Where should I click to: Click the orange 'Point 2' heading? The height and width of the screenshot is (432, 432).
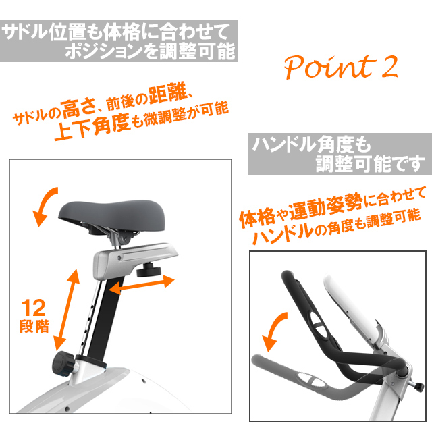(x=341, y=66)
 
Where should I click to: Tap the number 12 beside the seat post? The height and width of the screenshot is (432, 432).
(x=33, y=308)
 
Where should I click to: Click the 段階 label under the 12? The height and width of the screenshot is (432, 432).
(x=34, y=326)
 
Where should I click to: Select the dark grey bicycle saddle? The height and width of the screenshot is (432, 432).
(x=112, y=215)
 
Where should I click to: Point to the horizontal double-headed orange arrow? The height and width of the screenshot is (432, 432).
(x=142, y=285)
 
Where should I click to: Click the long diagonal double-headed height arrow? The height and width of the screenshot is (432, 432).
(x=67, y=310)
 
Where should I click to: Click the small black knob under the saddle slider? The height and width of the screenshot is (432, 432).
(x=148, y=270)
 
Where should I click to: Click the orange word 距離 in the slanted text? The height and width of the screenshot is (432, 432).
(x=168, y=94)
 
